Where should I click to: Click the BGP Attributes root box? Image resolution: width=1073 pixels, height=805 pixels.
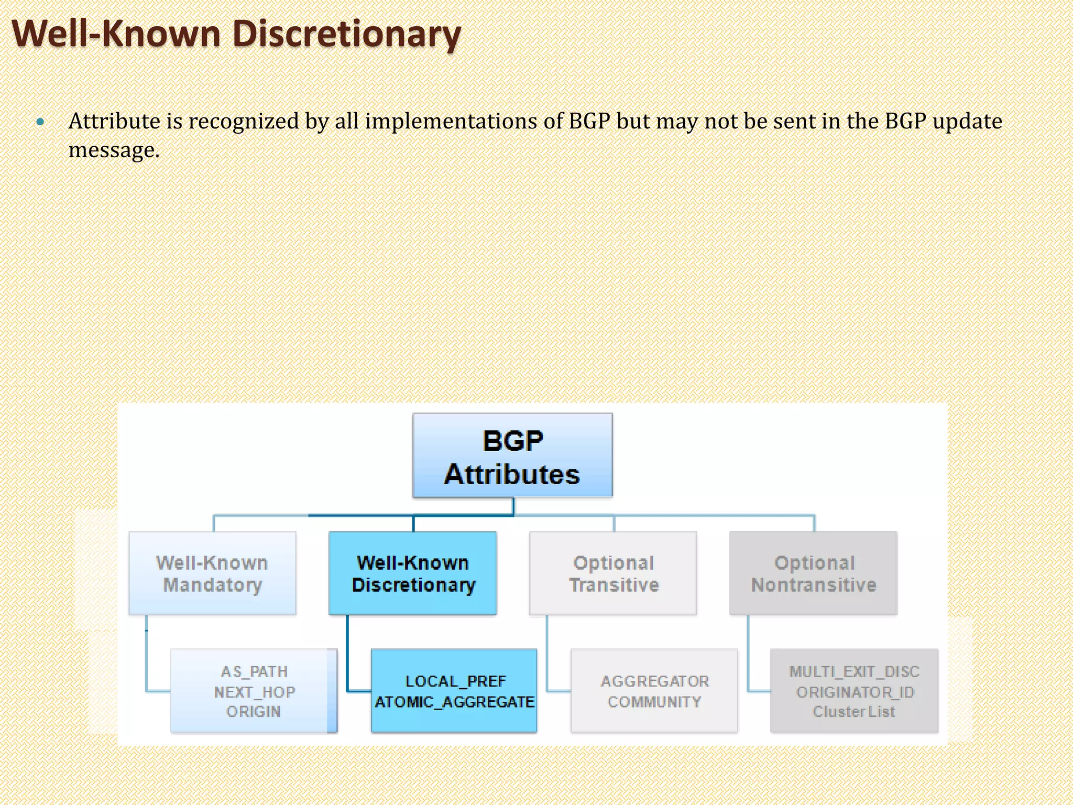click(x=512, y=455)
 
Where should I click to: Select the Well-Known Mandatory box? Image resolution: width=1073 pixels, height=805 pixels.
click(x=212, y=573)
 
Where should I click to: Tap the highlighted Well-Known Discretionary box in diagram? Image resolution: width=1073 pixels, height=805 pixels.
click(x=413, y=573)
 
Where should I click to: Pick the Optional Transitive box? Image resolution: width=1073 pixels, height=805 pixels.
click(x=613, y=573)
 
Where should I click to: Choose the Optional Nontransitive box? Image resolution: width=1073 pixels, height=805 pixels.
click(x=813, y=573)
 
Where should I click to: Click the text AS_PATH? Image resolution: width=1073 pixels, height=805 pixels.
click(x=254, y=671)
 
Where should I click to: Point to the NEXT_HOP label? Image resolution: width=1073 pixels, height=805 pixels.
click(x=254, y=692)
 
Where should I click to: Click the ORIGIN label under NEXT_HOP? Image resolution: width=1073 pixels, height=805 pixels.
click(x=254, y=712)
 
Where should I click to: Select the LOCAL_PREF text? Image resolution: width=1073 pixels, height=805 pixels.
click(x=455, y=681)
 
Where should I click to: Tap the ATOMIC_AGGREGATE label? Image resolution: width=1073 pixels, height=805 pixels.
click(x=454, y=702)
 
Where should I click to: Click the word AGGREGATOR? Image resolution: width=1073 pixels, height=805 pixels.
click(x=654, y=681)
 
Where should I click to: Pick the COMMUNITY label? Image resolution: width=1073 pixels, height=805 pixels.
click(x=654, y=702)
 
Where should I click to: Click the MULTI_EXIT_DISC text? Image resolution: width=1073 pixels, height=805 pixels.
click(x=854, y=671)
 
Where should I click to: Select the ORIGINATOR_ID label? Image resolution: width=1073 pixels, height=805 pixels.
click(x=855, y=692)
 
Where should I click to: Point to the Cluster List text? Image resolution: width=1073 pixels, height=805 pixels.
click(x=854, y=712)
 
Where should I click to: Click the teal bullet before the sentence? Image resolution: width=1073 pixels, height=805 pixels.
click(x=40, y=122)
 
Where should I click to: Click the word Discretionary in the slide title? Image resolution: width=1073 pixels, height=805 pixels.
click(x=346, y=34)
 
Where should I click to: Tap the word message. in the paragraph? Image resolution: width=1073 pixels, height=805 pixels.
click(x=114, y=150)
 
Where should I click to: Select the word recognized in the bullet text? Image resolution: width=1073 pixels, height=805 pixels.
click(x=243, y=121)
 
